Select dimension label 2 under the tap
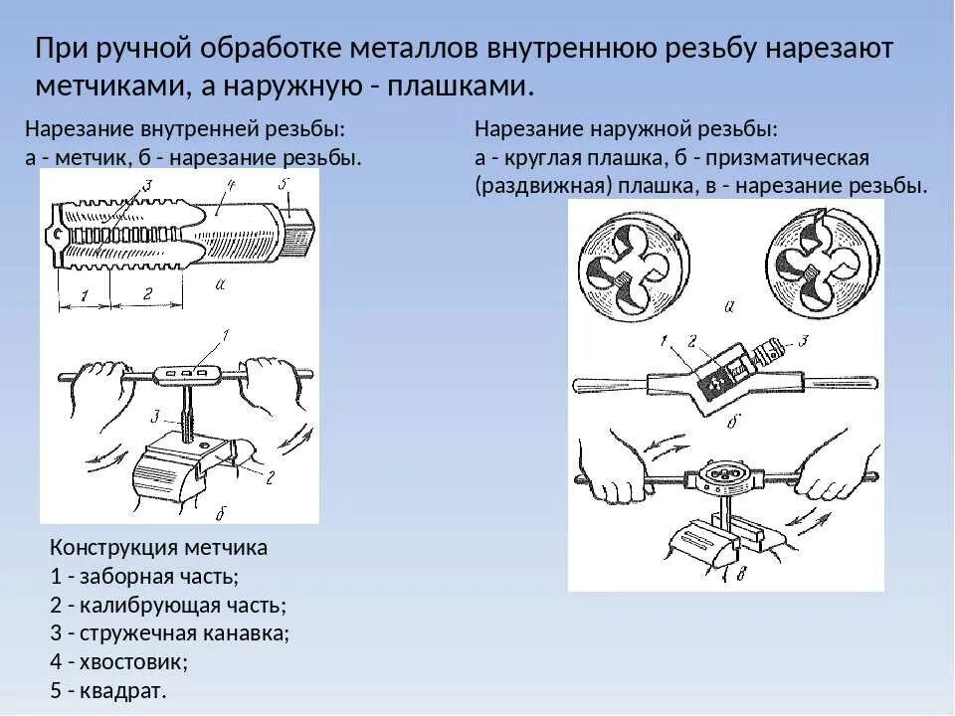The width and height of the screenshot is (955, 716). coord(146,294)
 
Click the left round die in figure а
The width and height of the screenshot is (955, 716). coord(633,260)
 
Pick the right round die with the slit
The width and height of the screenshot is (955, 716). coord(822,260)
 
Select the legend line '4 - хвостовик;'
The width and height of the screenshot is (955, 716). coord(117,660)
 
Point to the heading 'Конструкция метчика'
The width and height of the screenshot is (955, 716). coord(158,547)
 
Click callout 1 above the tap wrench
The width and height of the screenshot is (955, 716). coord(226,334)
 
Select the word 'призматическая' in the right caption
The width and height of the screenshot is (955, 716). coord(784,159)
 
